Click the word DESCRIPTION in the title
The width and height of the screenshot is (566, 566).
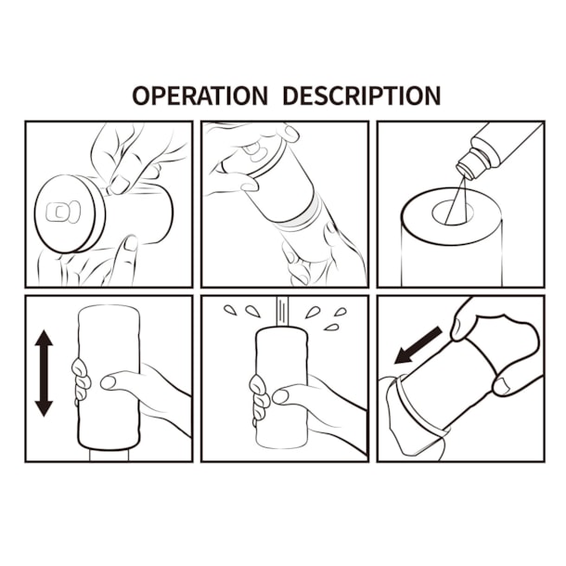click(x=361, y=96)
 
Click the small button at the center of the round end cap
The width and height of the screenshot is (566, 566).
click(x=58, y=212)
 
